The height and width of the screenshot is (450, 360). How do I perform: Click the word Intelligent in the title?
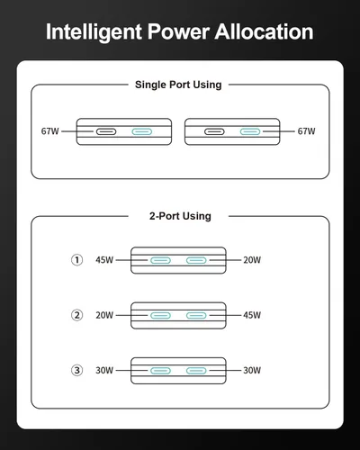(x=94, y=32)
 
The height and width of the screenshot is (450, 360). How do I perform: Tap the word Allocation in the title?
(x=265, y=31)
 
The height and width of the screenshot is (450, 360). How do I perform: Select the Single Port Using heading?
(x=178, y=85)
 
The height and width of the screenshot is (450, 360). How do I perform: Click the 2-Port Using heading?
(x=180, y=216)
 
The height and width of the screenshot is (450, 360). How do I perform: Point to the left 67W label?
(x=50, y=131)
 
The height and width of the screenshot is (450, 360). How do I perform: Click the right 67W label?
(x=306, y=131)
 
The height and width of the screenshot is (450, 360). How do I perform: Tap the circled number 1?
(x=76, y=260)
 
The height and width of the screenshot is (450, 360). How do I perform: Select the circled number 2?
(x=76, y=315)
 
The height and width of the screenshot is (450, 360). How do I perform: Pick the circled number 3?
(x=76, y=370)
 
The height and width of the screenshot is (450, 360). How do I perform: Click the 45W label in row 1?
(x=104, y=260)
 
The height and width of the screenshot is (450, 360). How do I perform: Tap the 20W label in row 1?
(x=252, y=260)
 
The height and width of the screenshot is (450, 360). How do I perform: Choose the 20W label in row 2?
(x=104, y=315)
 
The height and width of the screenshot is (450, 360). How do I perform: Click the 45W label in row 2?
(x=252, y=315)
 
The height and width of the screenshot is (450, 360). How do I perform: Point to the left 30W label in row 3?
(x=104, y=370)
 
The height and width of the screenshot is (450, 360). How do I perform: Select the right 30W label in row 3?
(x=252, y=370)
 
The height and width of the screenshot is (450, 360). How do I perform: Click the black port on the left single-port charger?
(x=106, y=131)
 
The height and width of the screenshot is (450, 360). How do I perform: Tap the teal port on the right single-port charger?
(x=250, y=131)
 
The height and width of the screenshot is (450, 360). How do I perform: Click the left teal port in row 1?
(x=160, y=260)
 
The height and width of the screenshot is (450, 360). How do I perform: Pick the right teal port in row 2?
(x=196, y=316)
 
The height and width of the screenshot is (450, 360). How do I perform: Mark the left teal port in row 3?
(x=160, y=371)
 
